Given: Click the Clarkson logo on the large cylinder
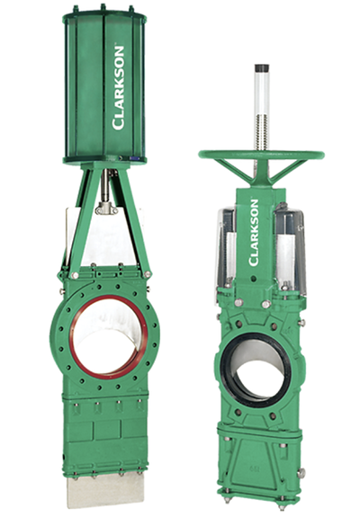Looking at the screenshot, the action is pos(118,88).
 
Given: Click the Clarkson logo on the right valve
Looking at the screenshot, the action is pos(254,233).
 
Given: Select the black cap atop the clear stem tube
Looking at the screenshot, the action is pos(262,67).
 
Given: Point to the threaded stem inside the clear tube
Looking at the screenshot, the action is pos(262,132).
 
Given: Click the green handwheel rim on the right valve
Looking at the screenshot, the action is pos(261,155).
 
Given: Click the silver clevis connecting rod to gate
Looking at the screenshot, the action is pos(105,209).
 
